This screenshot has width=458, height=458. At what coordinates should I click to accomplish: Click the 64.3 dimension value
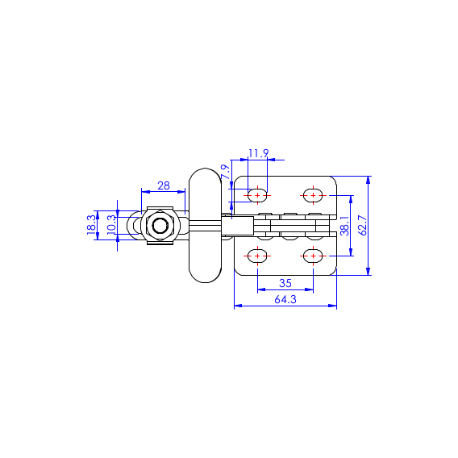click(x=285, y=299)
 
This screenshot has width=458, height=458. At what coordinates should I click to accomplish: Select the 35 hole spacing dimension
click(x=285, y=283)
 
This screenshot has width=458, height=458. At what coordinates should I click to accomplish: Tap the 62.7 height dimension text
click(x=363, y=225)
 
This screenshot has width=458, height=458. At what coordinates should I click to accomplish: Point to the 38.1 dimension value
click(x=345, y=226)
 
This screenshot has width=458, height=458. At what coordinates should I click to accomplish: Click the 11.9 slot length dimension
click(x=258, y=153)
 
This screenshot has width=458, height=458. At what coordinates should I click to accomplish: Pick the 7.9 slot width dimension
click(x=225, y=172)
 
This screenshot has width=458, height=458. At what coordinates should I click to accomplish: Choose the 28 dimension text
click(x=164, y=185)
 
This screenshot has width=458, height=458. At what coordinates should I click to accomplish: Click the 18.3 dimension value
click(x=91, y=225)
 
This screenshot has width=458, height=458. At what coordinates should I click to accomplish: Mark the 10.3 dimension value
click(x=111, y=225)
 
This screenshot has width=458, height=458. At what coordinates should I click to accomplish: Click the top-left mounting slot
click(x=257, y=195)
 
